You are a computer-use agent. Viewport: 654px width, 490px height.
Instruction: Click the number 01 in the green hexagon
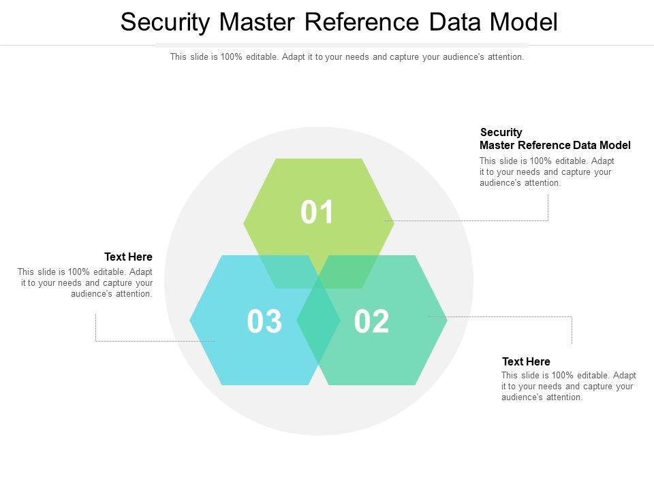click(317, 213)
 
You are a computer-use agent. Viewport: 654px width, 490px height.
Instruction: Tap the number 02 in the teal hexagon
click(371, 322)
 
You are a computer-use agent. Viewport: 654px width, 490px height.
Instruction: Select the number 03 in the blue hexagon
click(264, 322)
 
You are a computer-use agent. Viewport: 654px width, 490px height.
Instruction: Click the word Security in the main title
click(166, 22)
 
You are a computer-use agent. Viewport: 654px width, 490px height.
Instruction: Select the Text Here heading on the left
click(128, 257)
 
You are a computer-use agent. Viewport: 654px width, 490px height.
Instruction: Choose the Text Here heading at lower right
click(526, 361)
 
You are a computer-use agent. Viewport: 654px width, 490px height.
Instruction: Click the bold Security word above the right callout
click(501, 132)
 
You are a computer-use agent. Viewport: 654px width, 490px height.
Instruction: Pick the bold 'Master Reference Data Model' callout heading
click(555, 145)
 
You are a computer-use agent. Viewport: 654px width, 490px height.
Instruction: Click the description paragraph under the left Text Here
click(85, 283)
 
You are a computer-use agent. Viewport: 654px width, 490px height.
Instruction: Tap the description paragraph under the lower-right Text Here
click(568, 387)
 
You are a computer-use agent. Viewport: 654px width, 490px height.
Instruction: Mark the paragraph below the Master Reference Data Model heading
click(546, 172)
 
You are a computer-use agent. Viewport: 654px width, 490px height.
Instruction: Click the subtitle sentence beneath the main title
click(347, 57)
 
